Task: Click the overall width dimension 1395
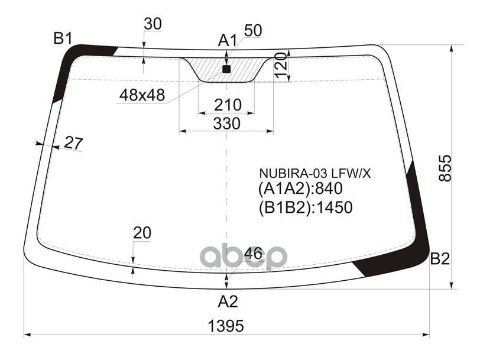coord(226,326)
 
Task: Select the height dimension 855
coord(445,168)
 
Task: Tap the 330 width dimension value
coord(227,124)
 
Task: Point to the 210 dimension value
coord(228,105)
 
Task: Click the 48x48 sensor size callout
coord(142,95)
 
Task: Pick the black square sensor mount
coord(226,70)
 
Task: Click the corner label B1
coord(63,38)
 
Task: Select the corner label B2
coord(440,259)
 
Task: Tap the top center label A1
coord(228,40)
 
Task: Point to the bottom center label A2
coord(228,302)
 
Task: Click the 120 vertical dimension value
coord(281,65)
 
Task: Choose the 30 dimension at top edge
coord(153,24)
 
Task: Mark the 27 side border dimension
coord(74,143)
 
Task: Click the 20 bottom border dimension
coord(142,233)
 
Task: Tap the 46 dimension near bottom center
coord(253,254)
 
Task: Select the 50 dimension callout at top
coord(253,31)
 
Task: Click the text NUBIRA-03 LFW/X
coord(314,174)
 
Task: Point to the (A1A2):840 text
coord(300,189)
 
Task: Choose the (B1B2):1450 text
coord(306,207)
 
